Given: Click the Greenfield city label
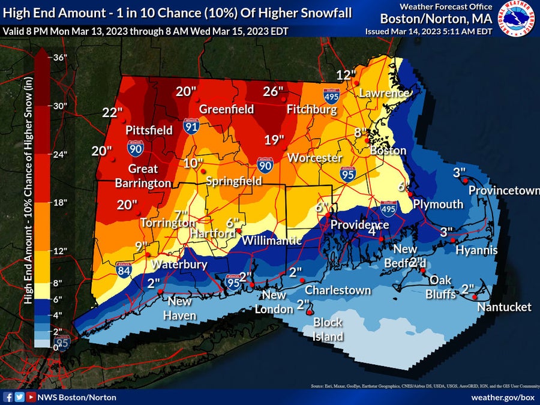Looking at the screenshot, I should pos(226,109).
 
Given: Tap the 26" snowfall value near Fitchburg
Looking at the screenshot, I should pos(273,91).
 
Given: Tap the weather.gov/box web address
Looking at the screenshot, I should pos(503,397).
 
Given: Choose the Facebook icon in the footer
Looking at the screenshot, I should pos(8,397).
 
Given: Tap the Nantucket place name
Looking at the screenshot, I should pos(504,307).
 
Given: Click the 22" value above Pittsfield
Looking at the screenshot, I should pos(112,112).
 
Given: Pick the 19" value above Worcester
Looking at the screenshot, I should pos(274,140).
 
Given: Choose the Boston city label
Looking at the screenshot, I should pos(388,151).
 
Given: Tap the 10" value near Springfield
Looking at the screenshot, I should pos(193,163).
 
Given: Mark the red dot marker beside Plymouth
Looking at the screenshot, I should pos(410,194).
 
